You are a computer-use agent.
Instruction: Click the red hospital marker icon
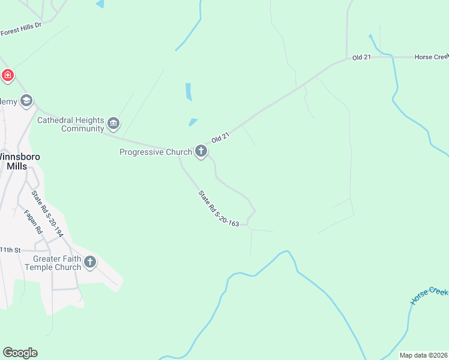click(7, 75)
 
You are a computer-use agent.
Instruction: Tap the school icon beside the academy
click(26, 101)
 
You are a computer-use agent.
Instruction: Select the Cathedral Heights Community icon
click(113, 124)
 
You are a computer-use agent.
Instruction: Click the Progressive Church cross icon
click(201, 152)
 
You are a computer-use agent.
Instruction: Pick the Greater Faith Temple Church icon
click(90, 262)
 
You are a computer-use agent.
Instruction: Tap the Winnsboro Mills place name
click(19, 161)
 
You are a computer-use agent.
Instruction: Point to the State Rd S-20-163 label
click(219, 208)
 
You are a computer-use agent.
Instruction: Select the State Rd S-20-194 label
click(47, 214)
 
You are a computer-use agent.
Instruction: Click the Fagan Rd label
click(34, 221)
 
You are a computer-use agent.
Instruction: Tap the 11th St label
click(10, 249)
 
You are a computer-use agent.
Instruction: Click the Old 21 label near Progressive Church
click(220, 138)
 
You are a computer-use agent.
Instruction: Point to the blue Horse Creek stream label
click(429, 295)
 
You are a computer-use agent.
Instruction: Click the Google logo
click(20, 352)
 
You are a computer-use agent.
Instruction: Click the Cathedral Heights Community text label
click(71, 124)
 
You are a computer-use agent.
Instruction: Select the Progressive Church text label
click(155, 152)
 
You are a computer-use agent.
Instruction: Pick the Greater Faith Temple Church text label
click(53, 263)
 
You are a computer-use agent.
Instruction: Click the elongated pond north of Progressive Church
click(188, 92)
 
